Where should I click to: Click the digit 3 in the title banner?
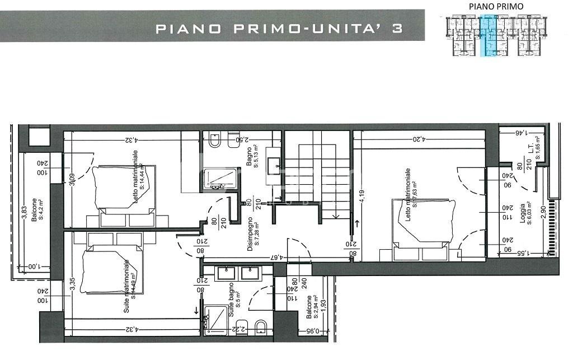(x=397, y=28)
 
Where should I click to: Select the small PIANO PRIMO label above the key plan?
(x=488, y=6)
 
